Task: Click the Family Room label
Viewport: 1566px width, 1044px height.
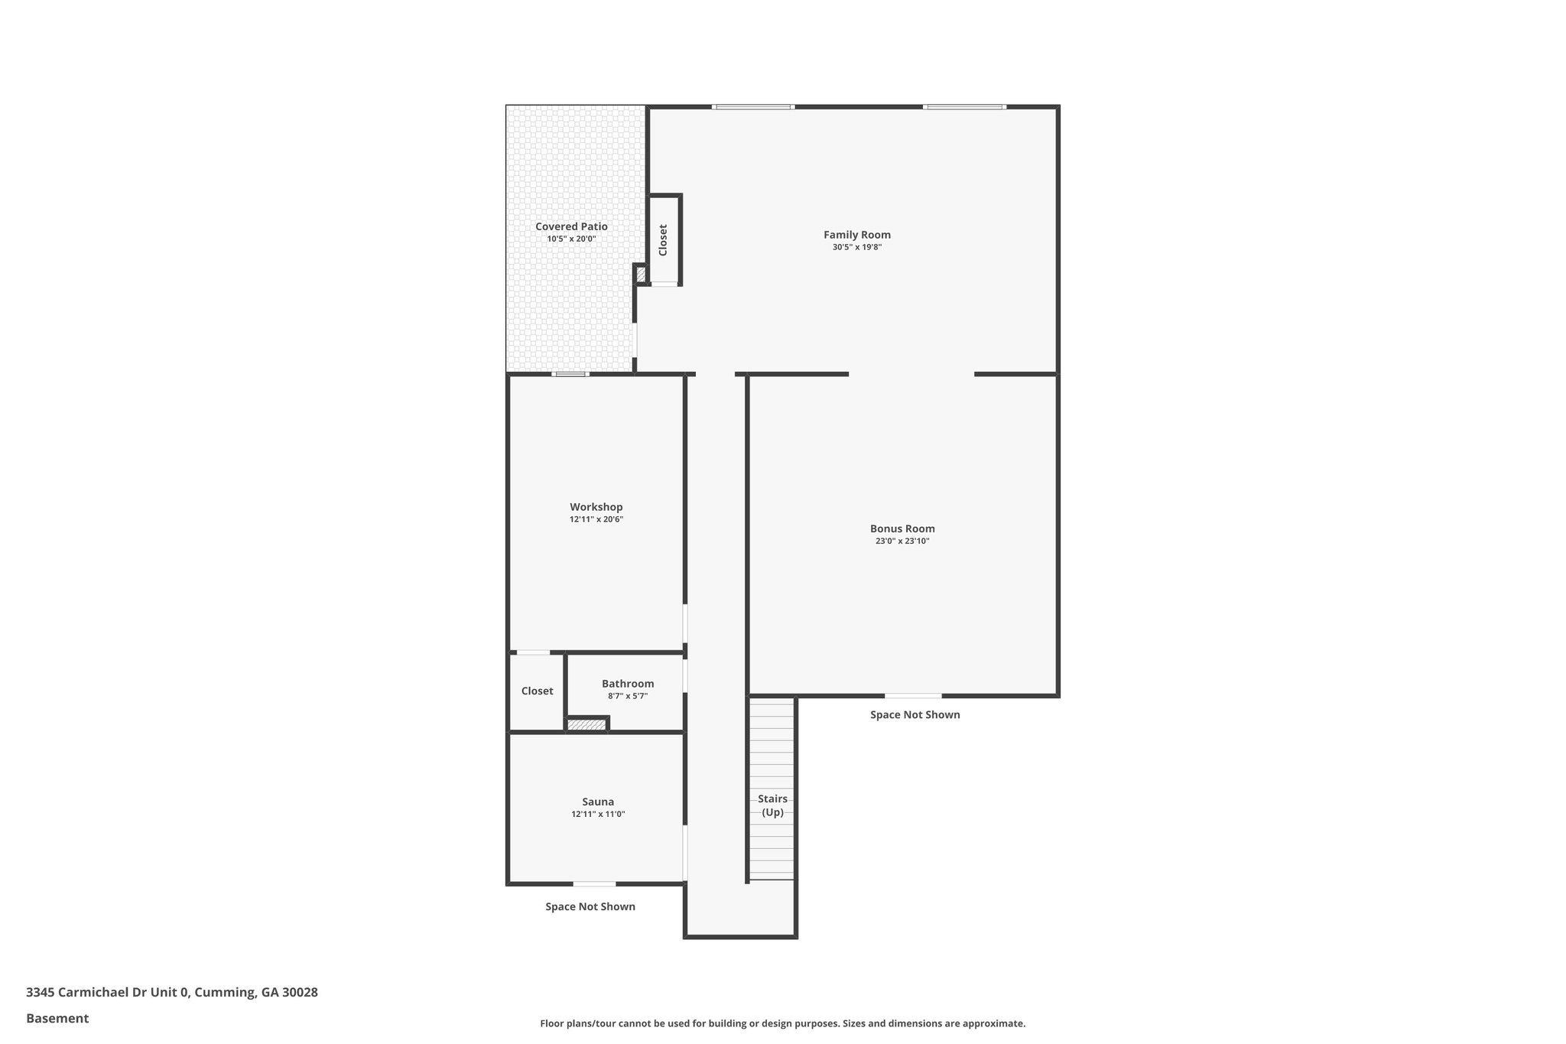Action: (x=856, y=235)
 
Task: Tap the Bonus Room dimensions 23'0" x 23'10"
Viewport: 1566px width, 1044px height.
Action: (x=902, y=541)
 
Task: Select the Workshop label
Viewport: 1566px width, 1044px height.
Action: (x=596, y=507)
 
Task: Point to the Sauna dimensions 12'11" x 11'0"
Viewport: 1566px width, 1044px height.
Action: (x=598, y=815)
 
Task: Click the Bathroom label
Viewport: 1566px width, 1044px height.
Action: (x=628, y=684)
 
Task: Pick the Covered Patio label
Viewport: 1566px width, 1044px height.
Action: (x=571, y=226)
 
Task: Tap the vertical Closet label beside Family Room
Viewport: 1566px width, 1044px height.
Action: (x=663, y=240)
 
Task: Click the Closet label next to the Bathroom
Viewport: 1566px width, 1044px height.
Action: (x=537, y=691)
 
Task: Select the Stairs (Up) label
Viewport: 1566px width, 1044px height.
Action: (x=772, y=805)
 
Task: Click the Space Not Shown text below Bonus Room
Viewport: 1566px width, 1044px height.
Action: (x=915, y=715)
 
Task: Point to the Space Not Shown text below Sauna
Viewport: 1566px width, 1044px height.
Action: (x=590, y=907)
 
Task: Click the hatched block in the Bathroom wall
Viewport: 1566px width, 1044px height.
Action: (x=586, y=724)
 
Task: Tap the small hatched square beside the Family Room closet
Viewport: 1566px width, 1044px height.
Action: (x=641, y=273)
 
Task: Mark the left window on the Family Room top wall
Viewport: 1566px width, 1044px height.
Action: (x=753, y=107)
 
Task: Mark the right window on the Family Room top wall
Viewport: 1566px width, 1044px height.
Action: (x=964, y=107)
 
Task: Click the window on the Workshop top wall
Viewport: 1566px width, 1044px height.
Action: (x=571, y=374)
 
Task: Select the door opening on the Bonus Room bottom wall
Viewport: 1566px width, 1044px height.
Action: (x=913, y=696)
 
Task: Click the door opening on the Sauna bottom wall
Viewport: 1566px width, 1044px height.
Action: (x=594, y=884)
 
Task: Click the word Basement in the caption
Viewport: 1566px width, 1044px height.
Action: (x=57, y=1019)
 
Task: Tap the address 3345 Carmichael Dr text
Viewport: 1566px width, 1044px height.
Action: (x=107, y=993)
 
